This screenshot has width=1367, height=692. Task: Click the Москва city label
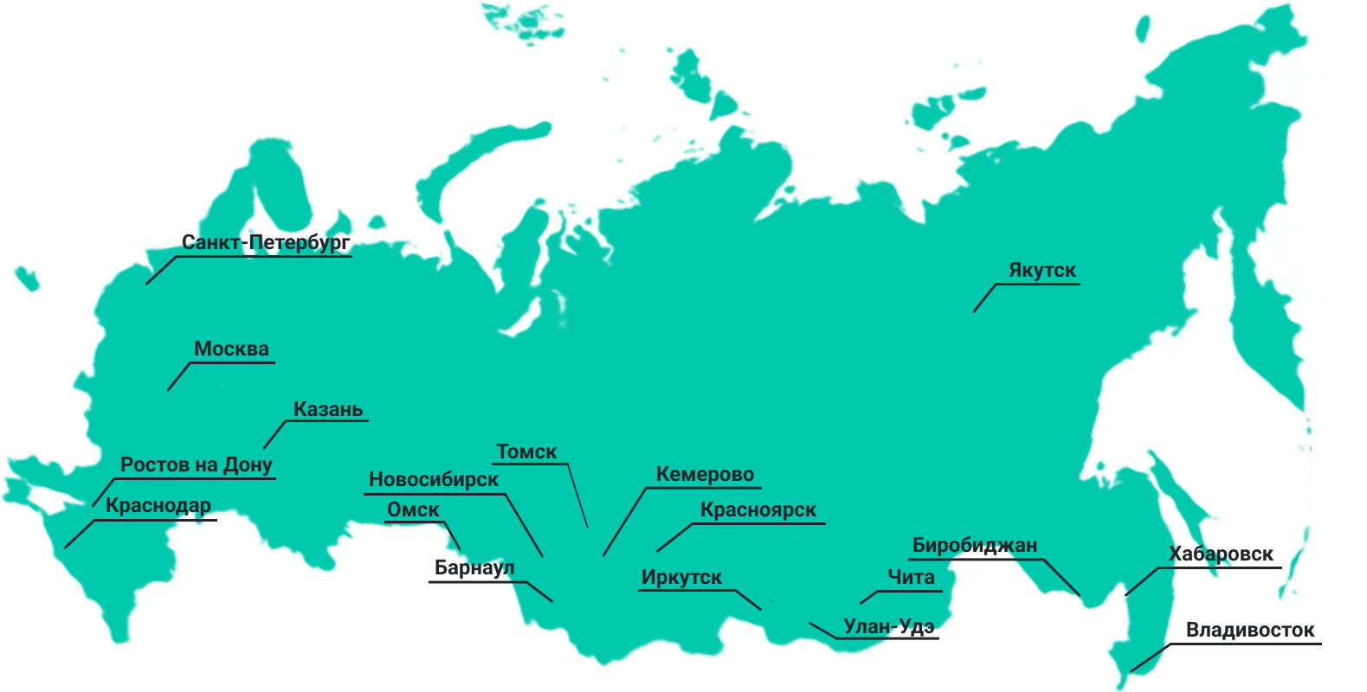(x=231, y=349)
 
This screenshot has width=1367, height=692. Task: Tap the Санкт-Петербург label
(x=264, y=243)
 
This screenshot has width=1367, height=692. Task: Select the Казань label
(x=328, y=409)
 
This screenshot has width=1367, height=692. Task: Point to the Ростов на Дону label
(x=197, y=465)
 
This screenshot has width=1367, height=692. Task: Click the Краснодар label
(x=158, y=505)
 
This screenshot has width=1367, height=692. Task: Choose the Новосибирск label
(x=434, y=479)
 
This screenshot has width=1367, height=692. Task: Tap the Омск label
(x=413, y=509)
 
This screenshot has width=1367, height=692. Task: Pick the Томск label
(x=526, y=452)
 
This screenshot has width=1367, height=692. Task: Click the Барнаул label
(x=474, y=567)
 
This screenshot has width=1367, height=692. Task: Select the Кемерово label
(x=705, y=474)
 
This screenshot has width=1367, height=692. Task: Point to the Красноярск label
(x=758, y=509)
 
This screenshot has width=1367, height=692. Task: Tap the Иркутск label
(x=681, y=577)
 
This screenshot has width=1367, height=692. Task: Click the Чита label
(x=911, y=577)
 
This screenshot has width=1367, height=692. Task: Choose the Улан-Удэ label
(x=889, y=626)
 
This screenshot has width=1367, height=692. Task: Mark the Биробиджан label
(x=975, y=546)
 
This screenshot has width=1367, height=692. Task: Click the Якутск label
(x=1042, y=270)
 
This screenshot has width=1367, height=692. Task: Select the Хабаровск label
(x=1222, y=554)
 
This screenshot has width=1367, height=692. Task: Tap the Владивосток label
(x=1250, y=630)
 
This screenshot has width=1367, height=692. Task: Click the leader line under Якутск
(x=985, y=298)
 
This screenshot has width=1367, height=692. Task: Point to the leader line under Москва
(x=179, y=376)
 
